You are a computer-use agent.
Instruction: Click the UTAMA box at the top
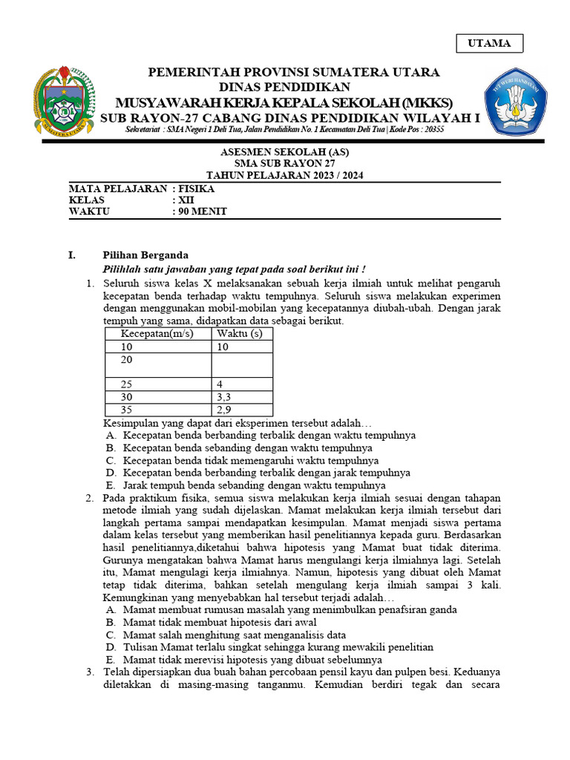click(x=489, y=43)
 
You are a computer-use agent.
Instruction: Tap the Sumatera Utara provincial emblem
click(x=65, y=102)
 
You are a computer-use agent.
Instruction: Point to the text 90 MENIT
click(x=201, y=212)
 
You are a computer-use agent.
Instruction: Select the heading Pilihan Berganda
click(x=145, y=255)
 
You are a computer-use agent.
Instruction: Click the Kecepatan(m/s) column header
click(x=157, y=333)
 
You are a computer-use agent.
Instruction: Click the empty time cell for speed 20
click(x=242, y=365)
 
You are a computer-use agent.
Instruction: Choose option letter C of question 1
click(x=110, y=460)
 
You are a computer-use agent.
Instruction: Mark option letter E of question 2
click(x=110, y=659)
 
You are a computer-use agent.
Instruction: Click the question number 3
click(x=89, y=672)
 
